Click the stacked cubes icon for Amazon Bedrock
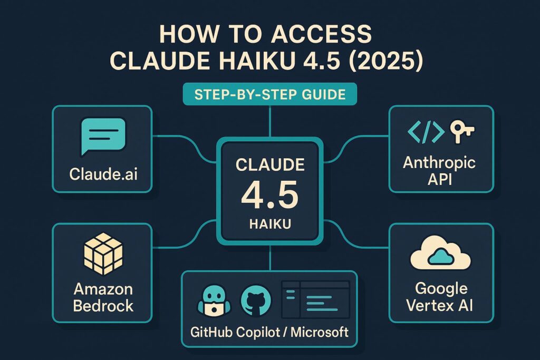click(x=103, y=255)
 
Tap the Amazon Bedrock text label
click(x=103, y=297)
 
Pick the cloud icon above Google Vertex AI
click(x=440, y=256)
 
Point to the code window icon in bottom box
click(x=316, y=298)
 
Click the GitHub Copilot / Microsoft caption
click(x=269, y=332)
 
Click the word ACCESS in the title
click(x=319, y=35)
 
